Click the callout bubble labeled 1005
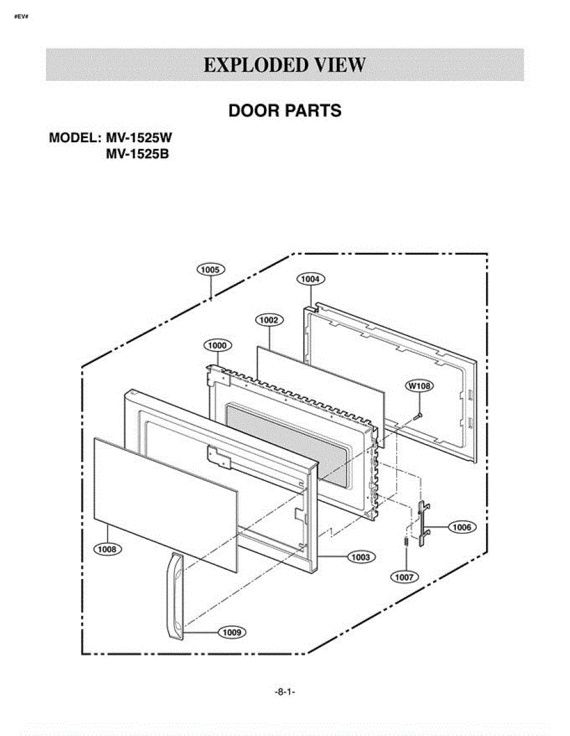[x=210, y=270]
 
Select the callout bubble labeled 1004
[x=310, y=279]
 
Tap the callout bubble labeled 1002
[x=269, y=320]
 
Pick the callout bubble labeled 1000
[x=217, y=345]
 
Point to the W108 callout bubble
[x=419, y=386]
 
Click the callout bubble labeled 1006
[x=462, y=527]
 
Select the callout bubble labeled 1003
[x=361, y=557]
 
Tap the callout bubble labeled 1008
[x=107, y=549]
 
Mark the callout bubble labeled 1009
[x=232, y=632]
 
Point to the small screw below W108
[x=417, y=416]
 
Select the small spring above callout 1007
[x=406, y=540]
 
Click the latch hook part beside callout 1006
[x=423, y=524]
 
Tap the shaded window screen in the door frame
[x=287, y=443]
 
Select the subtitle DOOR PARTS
[x=285, y=111]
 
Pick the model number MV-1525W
[x=139, y=138]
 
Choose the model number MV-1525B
[x=137, y=154]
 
